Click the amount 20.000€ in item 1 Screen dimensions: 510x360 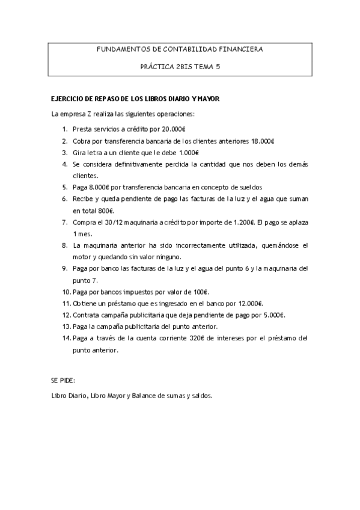click(x=174, y=129)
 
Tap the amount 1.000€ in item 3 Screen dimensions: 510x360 click(x=188, y=152)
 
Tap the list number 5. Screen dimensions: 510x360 click(x=65, y=187)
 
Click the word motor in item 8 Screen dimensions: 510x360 click(x=83, y=257)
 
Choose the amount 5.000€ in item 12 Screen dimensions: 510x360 click(x=272, y=315)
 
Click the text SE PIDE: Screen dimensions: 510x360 click(x=63, y=381)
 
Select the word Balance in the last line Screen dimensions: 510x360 click(x=144, y=396)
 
